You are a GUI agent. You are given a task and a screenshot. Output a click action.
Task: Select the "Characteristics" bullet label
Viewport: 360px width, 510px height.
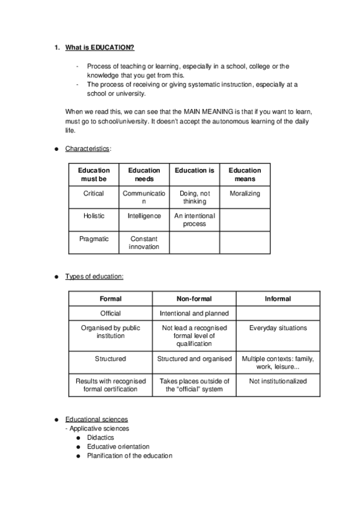coord(88,148)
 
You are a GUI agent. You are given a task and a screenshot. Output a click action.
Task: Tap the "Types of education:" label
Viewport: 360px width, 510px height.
coord(94,276)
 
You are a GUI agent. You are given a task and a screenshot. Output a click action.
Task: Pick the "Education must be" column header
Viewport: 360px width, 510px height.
coord(94,174)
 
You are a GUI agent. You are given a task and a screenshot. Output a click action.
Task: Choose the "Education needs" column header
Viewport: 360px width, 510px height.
coord(144,174)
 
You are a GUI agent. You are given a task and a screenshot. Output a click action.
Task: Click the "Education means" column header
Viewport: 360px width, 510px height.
coord(245,174)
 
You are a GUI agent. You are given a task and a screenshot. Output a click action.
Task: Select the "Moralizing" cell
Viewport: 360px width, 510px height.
coord(245,194)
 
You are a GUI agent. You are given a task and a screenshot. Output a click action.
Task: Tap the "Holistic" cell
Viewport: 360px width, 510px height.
coord(94,216)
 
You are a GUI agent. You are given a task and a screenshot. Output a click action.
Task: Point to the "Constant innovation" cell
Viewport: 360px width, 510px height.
coord(144,242)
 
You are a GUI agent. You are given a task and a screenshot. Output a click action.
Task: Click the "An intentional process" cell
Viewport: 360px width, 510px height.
coord(194,220)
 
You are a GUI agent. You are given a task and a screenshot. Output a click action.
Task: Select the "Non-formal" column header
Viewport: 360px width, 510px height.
coord(194,298)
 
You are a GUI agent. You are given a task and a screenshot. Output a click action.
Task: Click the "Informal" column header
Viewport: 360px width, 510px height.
coord(278,298)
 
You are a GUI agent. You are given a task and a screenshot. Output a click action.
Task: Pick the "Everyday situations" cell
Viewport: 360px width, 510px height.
coord(278,328)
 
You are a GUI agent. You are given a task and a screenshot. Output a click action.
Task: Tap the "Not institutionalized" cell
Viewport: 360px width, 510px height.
coord(278,381)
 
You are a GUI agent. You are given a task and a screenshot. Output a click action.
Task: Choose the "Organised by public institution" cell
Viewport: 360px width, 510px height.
coord(111,331)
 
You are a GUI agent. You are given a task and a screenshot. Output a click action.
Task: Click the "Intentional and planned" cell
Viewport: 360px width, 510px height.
coord(194,313)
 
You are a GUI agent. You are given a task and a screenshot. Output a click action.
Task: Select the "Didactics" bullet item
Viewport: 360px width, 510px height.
coord(100,437)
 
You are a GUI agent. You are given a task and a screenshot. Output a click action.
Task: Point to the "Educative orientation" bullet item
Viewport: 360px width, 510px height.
coord(118,446)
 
